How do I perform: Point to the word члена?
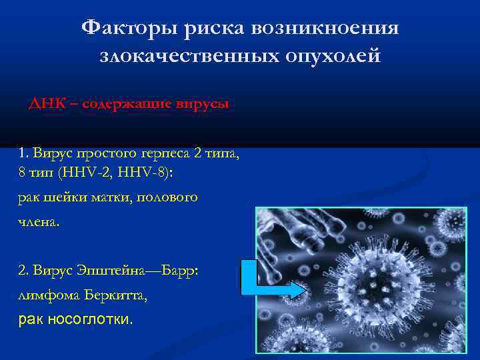click(x=39, y=221)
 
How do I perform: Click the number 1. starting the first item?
click(x=25, y=155)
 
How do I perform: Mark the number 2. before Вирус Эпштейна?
click(x=25, y=271)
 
